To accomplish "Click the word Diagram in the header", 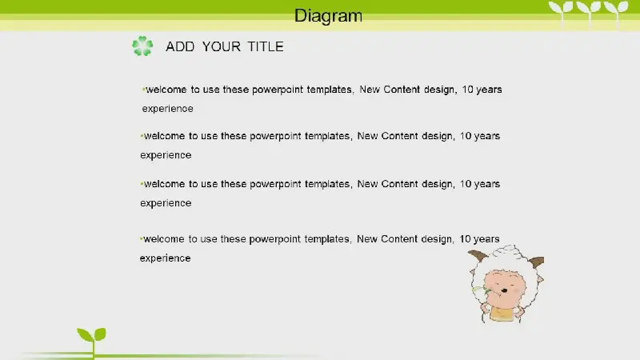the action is pyautogui.click(x=328, y=16).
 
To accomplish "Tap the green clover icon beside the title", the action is pyautogui.click(x=142, y=46).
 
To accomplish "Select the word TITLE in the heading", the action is pyautogui.click(x=266, y=46).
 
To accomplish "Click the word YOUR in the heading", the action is pyautogui.click(x=222, y=46).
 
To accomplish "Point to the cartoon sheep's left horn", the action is pyautogui.click(x=478, y=257).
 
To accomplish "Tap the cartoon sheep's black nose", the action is pyautogui.click(x=505, y=290).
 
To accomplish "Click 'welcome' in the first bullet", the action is pyautogui.click(x=166, y=90).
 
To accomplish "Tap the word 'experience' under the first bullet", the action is pyautogui.click(x=168, y=109).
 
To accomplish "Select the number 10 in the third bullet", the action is pyautogui.click(x=466, y=184).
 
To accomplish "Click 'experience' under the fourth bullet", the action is pyautogui.click(x=166, y=258).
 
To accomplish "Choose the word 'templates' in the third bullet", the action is pyautogui.click(x=328, y=185).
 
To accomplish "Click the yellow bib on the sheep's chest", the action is pyautogui.click(x=502, y=314).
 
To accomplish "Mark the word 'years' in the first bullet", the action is pyautogui.click(x=490, y=90).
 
